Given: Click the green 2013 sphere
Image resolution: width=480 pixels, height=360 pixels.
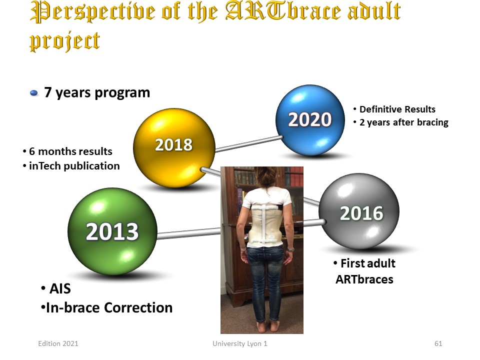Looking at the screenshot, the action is coord(112,231).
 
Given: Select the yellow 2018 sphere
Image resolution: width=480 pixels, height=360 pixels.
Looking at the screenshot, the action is coord(174,147).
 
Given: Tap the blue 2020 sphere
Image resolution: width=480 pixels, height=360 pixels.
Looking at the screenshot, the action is coord(310,120).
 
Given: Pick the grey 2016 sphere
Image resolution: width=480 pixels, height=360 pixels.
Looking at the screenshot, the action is coord(359,211).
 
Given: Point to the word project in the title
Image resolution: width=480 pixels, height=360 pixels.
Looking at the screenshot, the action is coord(64,41).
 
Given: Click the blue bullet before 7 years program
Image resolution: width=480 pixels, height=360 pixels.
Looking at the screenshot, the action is coord(33,93).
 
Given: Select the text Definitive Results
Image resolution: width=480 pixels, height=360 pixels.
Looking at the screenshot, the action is coord(397,109).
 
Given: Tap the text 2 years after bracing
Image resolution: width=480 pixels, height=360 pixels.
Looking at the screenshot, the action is coord(404,122).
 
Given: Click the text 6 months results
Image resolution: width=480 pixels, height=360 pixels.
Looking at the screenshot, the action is coord(70,151).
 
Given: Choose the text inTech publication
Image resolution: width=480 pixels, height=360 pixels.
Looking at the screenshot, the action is coord(74,166).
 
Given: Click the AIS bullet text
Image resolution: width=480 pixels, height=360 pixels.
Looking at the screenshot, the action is coord(60,288).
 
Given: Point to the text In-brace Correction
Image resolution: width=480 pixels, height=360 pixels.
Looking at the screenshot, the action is coord(109,307).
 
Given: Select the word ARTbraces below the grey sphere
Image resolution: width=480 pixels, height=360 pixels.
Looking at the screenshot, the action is coord(364,279).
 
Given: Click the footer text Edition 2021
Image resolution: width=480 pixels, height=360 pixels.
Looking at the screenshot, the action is coord(58,343).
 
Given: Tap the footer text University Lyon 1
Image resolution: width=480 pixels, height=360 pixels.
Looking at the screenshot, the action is coord(240,344).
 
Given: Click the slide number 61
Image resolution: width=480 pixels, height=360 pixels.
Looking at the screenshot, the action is coord(438,343).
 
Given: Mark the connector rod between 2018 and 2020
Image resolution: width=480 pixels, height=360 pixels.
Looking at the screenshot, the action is coord(249,144).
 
